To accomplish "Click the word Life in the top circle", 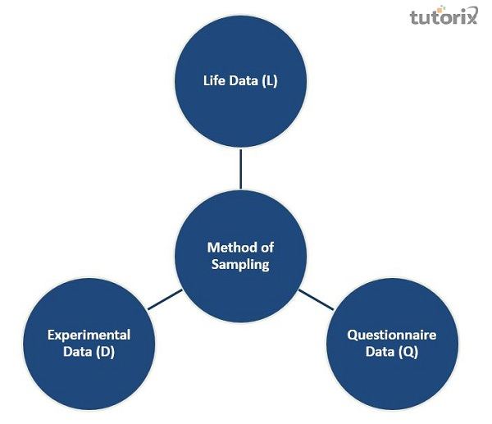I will pos(214,80).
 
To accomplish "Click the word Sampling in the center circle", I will pos(239,264).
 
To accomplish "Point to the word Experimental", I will pos(89,335).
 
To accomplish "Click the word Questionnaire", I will pos(391,335).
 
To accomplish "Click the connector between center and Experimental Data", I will pos(164,299).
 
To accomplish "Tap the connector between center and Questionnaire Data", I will pos(316,299).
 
